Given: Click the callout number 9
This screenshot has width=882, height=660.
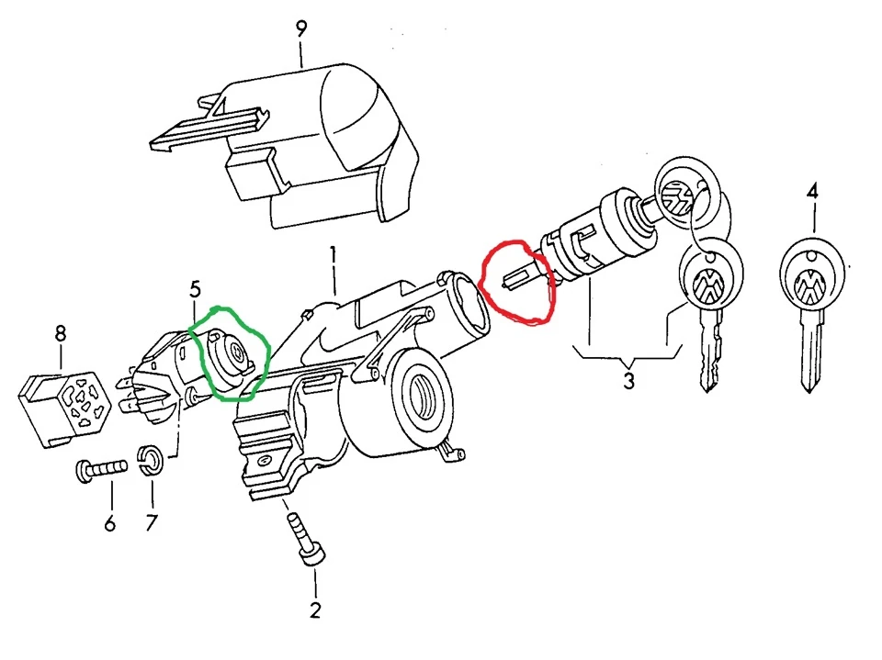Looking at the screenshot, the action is click(301, 28).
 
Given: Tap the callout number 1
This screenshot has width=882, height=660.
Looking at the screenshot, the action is click(333, 256).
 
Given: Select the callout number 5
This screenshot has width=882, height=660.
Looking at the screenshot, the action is click(195, 290).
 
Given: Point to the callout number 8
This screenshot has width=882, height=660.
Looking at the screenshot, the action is click(61, 334).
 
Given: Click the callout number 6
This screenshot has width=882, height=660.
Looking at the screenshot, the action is click(110, 524).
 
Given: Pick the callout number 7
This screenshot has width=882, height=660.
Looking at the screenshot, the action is click(152, 523).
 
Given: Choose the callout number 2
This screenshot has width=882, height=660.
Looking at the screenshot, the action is click(315, 610).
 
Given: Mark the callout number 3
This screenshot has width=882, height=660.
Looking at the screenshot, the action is click(628, 381).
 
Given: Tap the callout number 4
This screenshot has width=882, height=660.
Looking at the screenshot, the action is click(811, 192).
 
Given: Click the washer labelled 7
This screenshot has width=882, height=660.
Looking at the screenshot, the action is click(151, 460).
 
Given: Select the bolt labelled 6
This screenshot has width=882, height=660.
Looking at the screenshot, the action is click(101, 470).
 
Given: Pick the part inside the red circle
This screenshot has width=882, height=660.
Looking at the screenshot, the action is click(524, 279).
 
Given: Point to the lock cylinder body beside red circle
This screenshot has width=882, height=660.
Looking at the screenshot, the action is click(600, 237).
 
